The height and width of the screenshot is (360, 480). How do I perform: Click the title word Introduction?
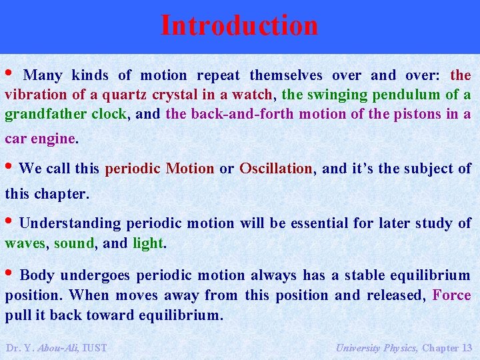point(239,25)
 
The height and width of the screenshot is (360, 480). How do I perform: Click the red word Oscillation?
point(276,169)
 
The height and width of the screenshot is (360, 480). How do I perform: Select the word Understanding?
point(70,223)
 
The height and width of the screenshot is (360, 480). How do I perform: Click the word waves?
point(25,243)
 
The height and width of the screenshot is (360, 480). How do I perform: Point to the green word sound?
point(74,243)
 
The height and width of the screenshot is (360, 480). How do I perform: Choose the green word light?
point(147,243)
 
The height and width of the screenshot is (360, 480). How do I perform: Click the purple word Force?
point(451,295)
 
